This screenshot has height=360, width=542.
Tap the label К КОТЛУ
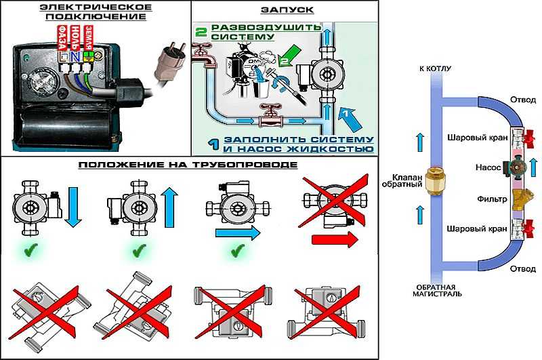coord(435,69)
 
